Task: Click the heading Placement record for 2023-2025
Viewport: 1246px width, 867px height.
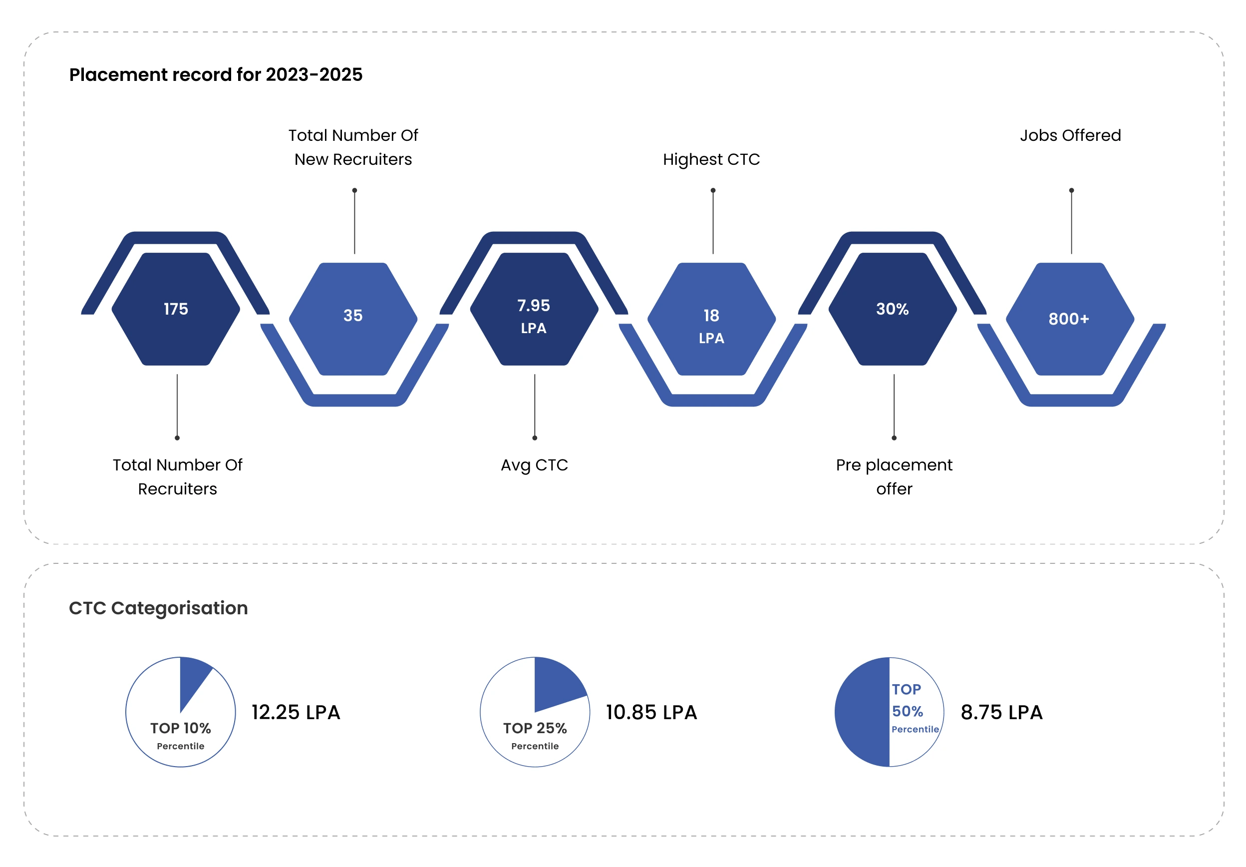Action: pos(216,74)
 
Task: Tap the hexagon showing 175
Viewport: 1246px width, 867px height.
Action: pos(176,309)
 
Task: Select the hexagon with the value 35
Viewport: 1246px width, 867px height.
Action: pos(353,319)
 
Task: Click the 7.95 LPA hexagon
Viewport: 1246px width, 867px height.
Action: pos(534,309)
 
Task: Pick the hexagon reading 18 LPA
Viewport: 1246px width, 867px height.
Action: pos(711,319)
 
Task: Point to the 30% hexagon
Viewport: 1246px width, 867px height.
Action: pos(893,309)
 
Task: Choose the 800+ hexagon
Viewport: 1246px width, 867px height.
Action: pos(1070,319)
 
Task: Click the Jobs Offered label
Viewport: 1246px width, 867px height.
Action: pos(1070,135)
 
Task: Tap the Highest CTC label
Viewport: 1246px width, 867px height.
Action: pos(711,160)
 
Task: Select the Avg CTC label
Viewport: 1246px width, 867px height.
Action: pos(535,465)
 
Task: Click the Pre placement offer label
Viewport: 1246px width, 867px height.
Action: pos(894,476)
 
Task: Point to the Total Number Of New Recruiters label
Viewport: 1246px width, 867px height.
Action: pos(353,147)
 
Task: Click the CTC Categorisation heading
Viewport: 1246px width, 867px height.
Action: pos(158,608)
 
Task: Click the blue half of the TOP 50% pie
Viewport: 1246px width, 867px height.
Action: pos(863,712)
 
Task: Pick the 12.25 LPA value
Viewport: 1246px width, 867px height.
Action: pos(296,712)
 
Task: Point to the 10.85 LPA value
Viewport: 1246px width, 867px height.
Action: pos(651,712)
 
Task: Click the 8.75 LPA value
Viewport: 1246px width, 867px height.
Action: pos(1002,712)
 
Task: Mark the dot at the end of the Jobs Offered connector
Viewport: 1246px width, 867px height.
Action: pos(1071,191)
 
